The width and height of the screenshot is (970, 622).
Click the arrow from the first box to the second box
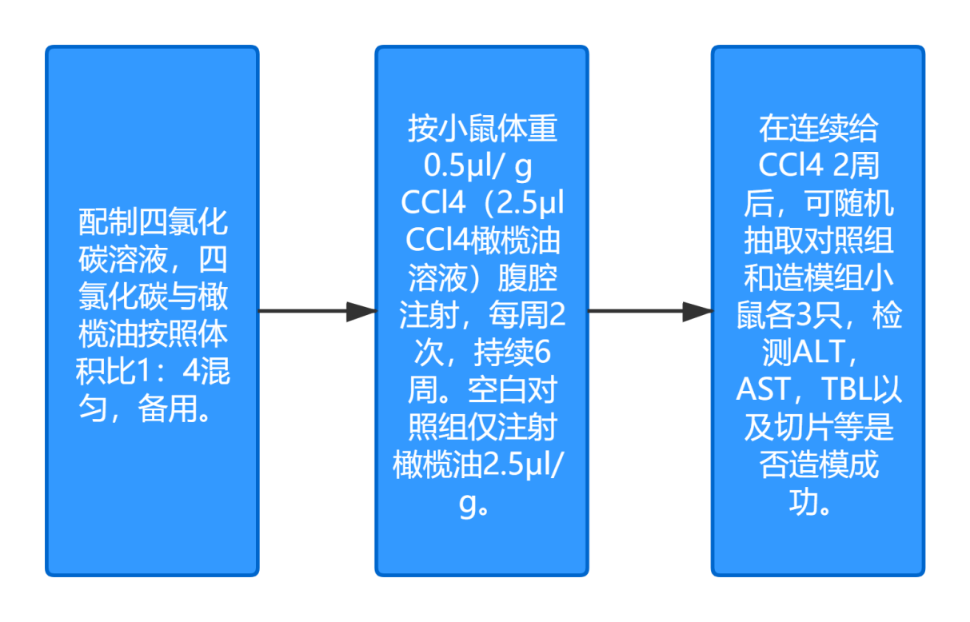pos(317,312)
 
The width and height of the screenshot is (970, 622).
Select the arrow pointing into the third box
pos(649,312)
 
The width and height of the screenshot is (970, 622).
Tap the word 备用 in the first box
pos(168,410)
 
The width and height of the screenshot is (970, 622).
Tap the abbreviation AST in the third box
pos(762,391)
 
